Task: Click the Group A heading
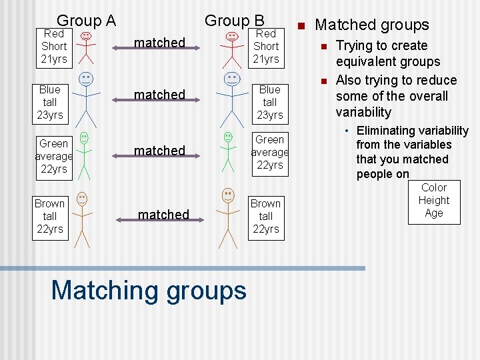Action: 86,20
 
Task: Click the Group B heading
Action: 234,20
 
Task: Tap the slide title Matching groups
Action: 149,290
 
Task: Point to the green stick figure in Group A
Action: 84,155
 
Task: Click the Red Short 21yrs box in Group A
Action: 54,46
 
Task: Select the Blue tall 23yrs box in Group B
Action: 269,102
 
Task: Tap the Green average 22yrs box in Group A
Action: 54,156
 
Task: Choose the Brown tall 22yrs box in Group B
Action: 265,216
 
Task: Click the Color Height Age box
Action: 434,201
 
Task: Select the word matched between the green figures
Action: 159,150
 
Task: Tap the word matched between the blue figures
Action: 159,94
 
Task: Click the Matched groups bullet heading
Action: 371,25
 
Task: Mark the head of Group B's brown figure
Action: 228,195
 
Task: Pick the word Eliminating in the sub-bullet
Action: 383,131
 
